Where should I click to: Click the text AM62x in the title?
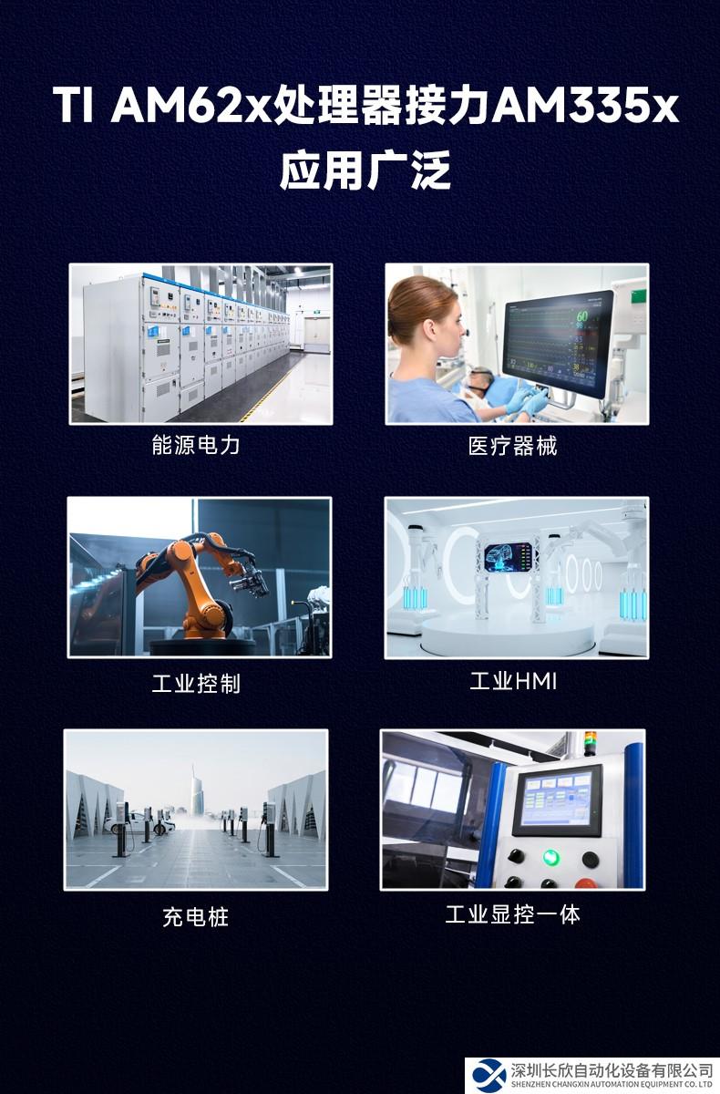pos(190,105)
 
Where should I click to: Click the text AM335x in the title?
pos(584,105)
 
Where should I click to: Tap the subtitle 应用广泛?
pos(365,170)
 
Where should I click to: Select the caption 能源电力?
pos(196,446)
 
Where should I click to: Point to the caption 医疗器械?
pos(512,446)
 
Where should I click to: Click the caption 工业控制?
pos(196,683)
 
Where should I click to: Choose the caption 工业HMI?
pos(513,681)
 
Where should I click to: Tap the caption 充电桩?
pos(196,917)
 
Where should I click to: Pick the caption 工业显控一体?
pos(512,914)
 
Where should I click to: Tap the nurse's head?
pos(424,318)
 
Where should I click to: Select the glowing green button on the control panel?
pos(550,856)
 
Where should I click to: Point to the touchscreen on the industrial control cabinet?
pos(558,799)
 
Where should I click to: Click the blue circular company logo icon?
pos(489,1075)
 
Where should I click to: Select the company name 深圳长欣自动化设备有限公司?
pos(612,1070)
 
